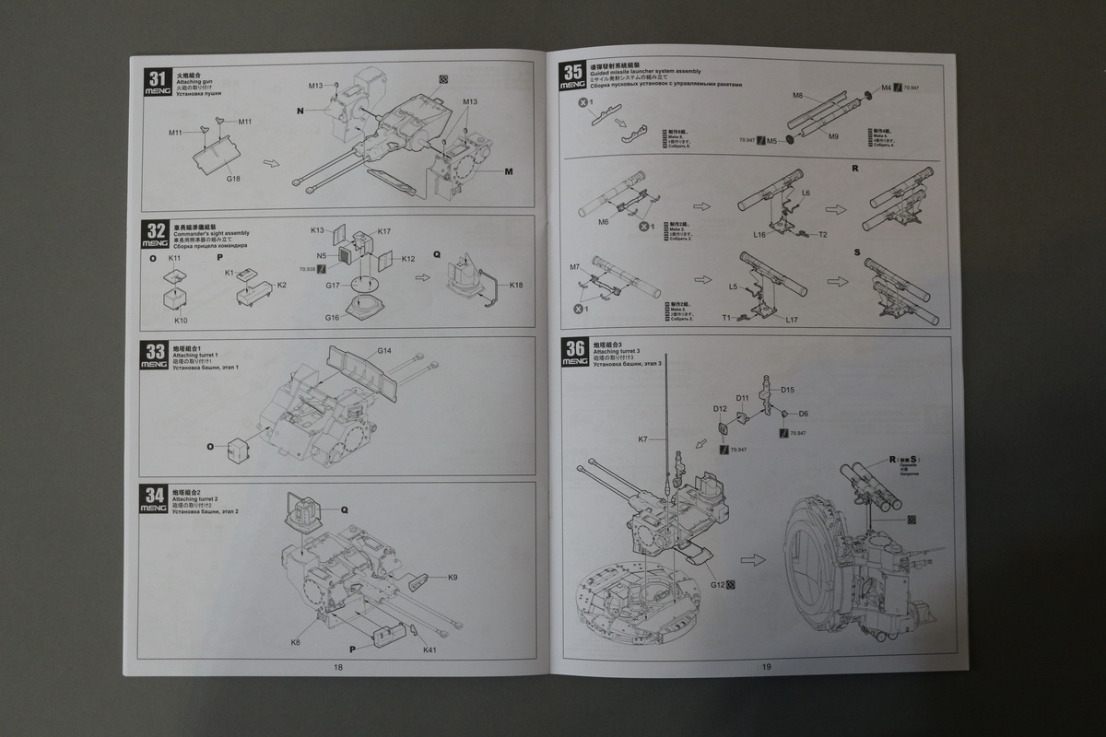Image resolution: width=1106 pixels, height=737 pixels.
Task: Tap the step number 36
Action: click(x=574, y=346)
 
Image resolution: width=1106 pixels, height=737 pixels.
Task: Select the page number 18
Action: click(x=338, y=667)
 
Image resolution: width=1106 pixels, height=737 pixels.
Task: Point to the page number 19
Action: click(x=765, y=666)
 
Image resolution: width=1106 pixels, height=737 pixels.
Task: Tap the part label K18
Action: click(x=517, y=286)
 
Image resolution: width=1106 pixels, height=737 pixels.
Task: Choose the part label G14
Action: click(x=384, y=351)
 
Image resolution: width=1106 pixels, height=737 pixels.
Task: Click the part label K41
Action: click(x=429, y=650)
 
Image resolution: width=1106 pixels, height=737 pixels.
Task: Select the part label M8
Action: click(x=798, y=95)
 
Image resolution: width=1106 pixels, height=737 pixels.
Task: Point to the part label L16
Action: click(x=759, y=235)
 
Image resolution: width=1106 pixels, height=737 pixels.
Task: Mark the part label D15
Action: click(x=787, y=390)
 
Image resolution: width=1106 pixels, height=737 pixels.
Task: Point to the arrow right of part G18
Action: click(x=271, y=162)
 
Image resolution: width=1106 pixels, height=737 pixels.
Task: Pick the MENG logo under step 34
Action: click(x=154, y=508)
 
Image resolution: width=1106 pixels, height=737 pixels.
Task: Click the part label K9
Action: click(x=453, y=578)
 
